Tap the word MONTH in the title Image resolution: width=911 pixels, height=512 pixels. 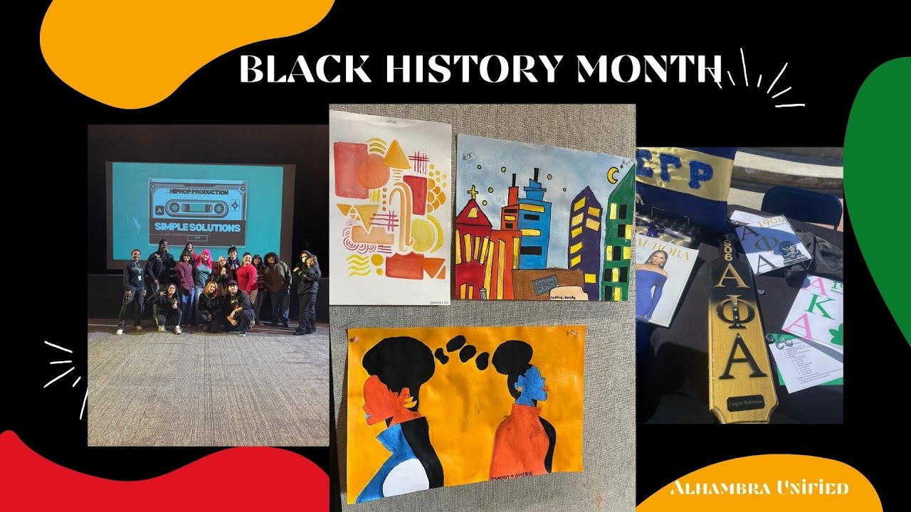(x=648, y=69)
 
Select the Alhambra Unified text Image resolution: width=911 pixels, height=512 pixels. (x=759, y=488)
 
